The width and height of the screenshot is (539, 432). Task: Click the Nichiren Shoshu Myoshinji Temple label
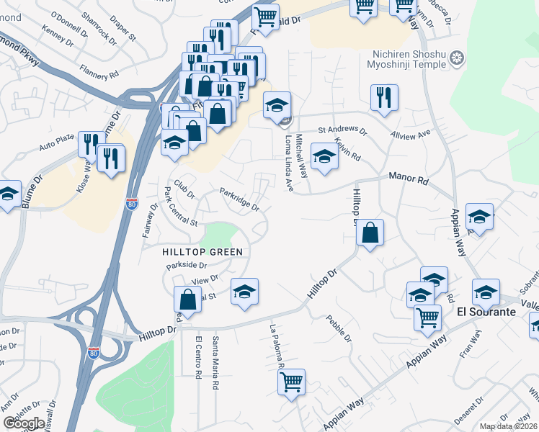pyautogui.click(x=408, y=61)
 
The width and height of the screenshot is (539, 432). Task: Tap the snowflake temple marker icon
pyautogui.click(x=455, y=58)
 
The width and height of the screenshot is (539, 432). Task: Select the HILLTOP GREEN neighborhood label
pyautogui.click(x=201, y=251)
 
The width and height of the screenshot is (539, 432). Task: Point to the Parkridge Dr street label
pyautogui.click(x=239, y=200)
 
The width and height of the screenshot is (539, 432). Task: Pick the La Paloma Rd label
pyautogui.click(x=277, y=346)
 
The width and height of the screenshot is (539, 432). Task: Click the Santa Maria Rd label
pyautogui.click(x=215, y=362)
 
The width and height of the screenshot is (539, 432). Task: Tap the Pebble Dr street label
pyautogui.click(x=339, y=328)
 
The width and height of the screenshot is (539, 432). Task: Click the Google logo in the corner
pyautogui.click(x=24, y=423)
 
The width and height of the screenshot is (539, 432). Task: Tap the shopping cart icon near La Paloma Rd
pyautogui.click(x=291, y=382)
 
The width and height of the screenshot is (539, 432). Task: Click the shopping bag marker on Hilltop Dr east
pyautogui.click(x=370, y=233)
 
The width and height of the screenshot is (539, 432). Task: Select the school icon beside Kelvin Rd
pyautogui.click(x=324, y=156)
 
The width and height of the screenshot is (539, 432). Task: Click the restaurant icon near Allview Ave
pyautogui.click(x=384, y=97)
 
